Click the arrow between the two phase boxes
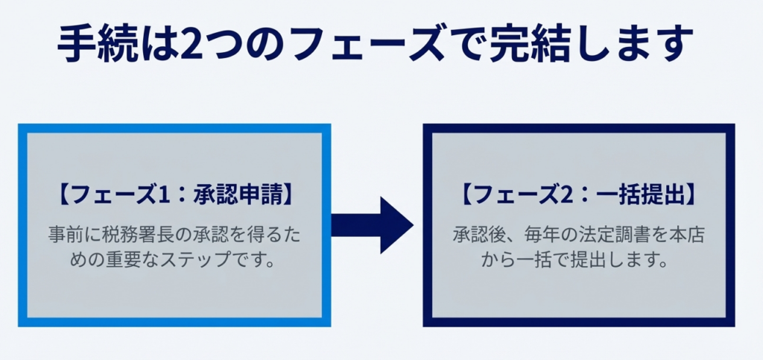click(x=373, y=225)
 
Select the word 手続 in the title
click(x=94, y=47)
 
